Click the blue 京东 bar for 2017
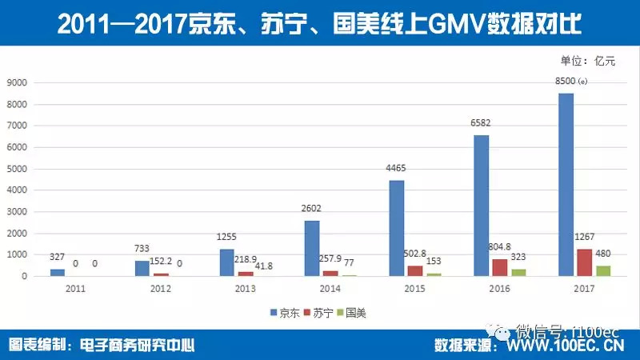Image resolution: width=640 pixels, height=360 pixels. [566, 185]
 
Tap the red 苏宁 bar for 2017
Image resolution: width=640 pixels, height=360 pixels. [585, 262]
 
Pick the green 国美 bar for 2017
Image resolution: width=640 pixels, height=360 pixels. [604, 270]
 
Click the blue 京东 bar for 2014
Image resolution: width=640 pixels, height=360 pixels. [312, 248]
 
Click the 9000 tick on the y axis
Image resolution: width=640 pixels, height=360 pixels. [18, 83]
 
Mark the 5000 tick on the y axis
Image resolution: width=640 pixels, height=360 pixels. [18, 169]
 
